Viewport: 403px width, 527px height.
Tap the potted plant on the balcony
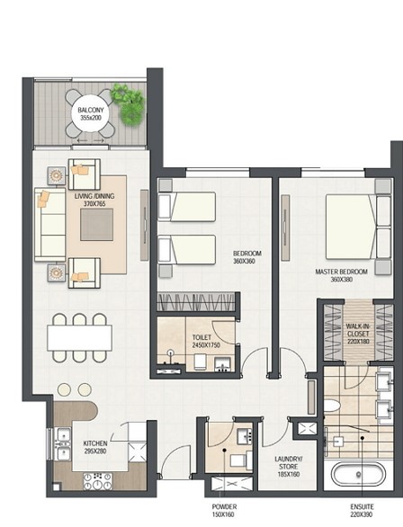coord(129,104)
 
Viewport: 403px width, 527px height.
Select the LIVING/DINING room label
coord(94,200)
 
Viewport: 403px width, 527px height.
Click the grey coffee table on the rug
coord(96,225)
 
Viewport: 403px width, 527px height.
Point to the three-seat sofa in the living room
coord(50,224)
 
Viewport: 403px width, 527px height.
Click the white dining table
coord(80,338)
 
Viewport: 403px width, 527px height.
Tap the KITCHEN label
coord(95,447)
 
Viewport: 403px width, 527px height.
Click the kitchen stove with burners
coord(98,481)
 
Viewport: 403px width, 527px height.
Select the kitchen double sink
coord(63,444)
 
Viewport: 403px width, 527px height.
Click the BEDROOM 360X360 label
coord(247,257)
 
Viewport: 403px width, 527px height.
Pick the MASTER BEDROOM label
coord(341,275)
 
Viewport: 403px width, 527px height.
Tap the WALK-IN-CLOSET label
coord(358,334)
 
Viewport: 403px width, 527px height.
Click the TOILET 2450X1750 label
coord(206,341)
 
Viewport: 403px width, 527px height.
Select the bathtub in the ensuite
coord(358,474)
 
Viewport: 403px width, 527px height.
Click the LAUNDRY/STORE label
coord(289,467)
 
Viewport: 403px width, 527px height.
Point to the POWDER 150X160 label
coord(224,511)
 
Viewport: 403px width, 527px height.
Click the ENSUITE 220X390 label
coord(362,511)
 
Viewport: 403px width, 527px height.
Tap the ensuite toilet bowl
coord(331,406)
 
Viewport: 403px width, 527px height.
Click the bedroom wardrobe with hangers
coord(196,302)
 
